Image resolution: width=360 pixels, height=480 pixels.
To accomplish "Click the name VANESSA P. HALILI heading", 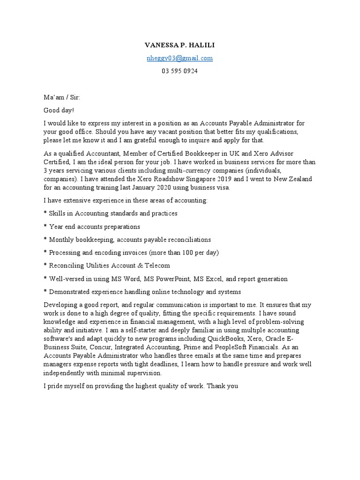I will pyautogui.click(x=180, y=45).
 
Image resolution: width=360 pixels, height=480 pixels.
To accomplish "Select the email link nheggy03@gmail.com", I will pyautogui.click(x=180, y=58).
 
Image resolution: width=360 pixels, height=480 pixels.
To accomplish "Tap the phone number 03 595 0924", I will pyautogui.click(x=180, y=71).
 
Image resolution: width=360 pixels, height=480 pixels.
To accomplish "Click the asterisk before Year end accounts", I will pyautogui.click(x=45, y=227).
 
